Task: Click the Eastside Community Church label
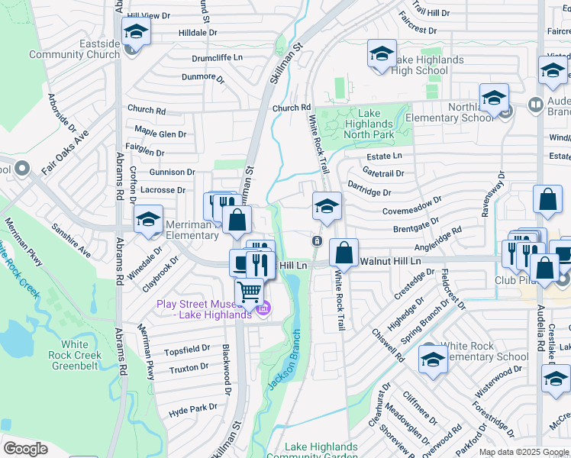point(75,49)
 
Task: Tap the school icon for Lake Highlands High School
point(382,55)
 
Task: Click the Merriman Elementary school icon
point(148,220)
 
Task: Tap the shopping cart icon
point(249,292)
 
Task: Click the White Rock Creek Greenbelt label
point(76,355)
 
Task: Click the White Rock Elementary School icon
point(433,360)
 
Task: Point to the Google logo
point(26,448)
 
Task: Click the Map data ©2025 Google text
point(524,452)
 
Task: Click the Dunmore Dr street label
point(203,77)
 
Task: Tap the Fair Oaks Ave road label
point(65,153)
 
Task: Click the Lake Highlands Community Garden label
point(321,451)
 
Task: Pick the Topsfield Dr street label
point(187,349)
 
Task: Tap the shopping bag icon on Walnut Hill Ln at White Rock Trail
point(344,253)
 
